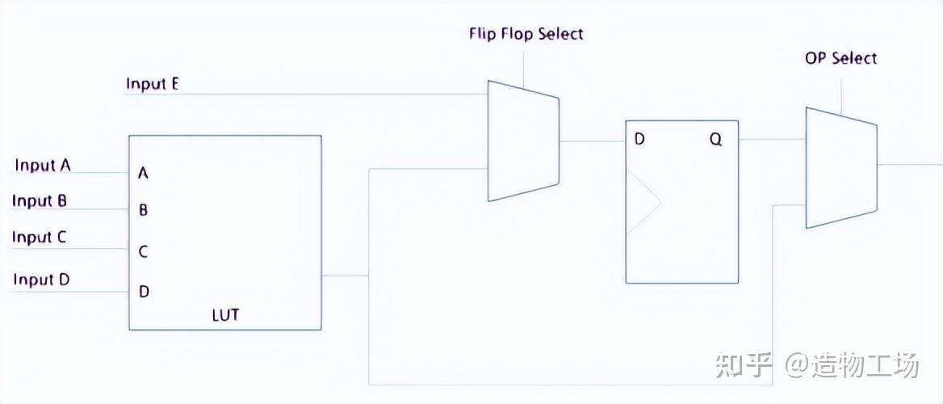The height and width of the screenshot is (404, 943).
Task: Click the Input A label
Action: (43, 166)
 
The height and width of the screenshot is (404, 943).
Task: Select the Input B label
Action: (40, 201)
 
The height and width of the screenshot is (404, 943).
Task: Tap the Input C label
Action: (40, 238)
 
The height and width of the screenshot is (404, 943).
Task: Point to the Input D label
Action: (41, 280)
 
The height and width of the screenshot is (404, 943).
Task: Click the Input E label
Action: (153, 84)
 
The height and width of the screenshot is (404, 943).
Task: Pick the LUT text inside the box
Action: (225, 315)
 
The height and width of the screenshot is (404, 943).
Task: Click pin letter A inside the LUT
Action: (144, 173)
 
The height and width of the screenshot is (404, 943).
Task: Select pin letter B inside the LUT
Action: (144, 211)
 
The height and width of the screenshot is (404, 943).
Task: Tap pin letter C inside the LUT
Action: (144, 251)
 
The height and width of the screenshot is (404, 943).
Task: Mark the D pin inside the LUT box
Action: (144, 292)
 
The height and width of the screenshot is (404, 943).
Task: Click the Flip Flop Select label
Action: (526, 34)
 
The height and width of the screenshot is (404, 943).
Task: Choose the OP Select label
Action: (840, 58)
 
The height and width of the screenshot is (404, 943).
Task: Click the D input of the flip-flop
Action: (639, 139)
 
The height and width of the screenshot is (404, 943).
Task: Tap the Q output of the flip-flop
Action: (716, 139)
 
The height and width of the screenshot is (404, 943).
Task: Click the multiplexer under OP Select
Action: (840, 167)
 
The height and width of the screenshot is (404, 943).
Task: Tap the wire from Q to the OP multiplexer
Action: (772, 139)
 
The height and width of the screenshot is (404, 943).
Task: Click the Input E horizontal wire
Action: (307, 95)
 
